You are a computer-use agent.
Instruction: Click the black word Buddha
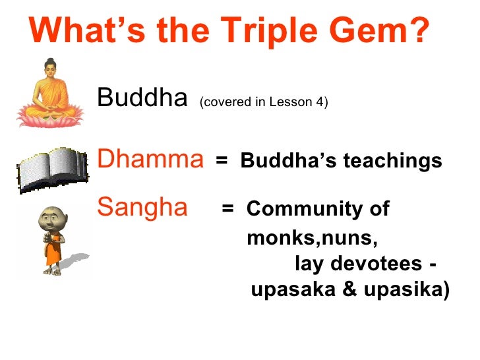tap(142, 98)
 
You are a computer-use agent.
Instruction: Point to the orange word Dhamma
tap(150, 159)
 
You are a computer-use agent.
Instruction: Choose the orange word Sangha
tap(142, 207)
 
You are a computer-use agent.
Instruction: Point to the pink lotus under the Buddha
tap(47, 117)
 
